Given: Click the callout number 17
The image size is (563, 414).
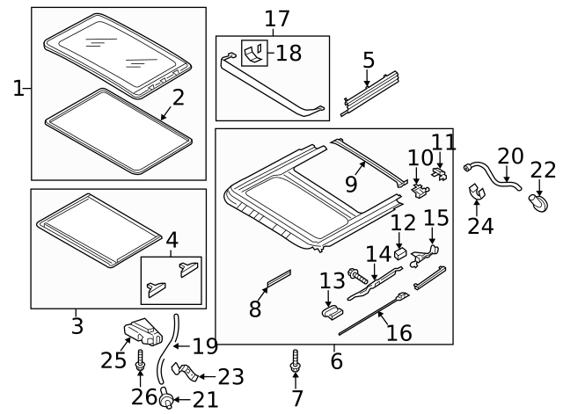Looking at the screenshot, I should [276, 18].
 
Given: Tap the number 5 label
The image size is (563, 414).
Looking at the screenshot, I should [369, 60].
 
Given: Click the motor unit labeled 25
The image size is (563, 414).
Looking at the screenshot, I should [145, 331].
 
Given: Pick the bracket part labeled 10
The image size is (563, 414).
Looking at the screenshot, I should [420, 185].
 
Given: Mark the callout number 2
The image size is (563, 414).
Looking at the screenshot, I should [178, 97].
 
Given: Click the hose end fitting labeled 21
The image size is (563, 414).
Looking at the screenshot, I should [165, 400].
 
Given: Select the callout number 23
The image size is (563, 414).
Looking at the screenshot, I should [230, 376].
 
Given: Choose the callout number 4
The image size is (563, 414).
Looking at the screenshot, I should [172, 238].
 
